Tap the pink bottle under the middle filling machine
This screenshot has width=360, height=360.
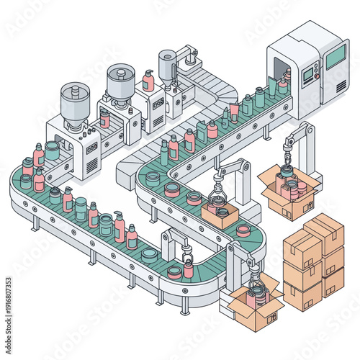pyautogui.click(x=105, y=119)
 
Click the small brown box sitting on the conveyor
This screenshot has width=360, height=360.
pyautogui.click(x=220, y=215)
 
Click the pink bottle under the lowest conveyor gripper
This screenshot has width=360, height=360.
pyautogui.click(x=189, y=268)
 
